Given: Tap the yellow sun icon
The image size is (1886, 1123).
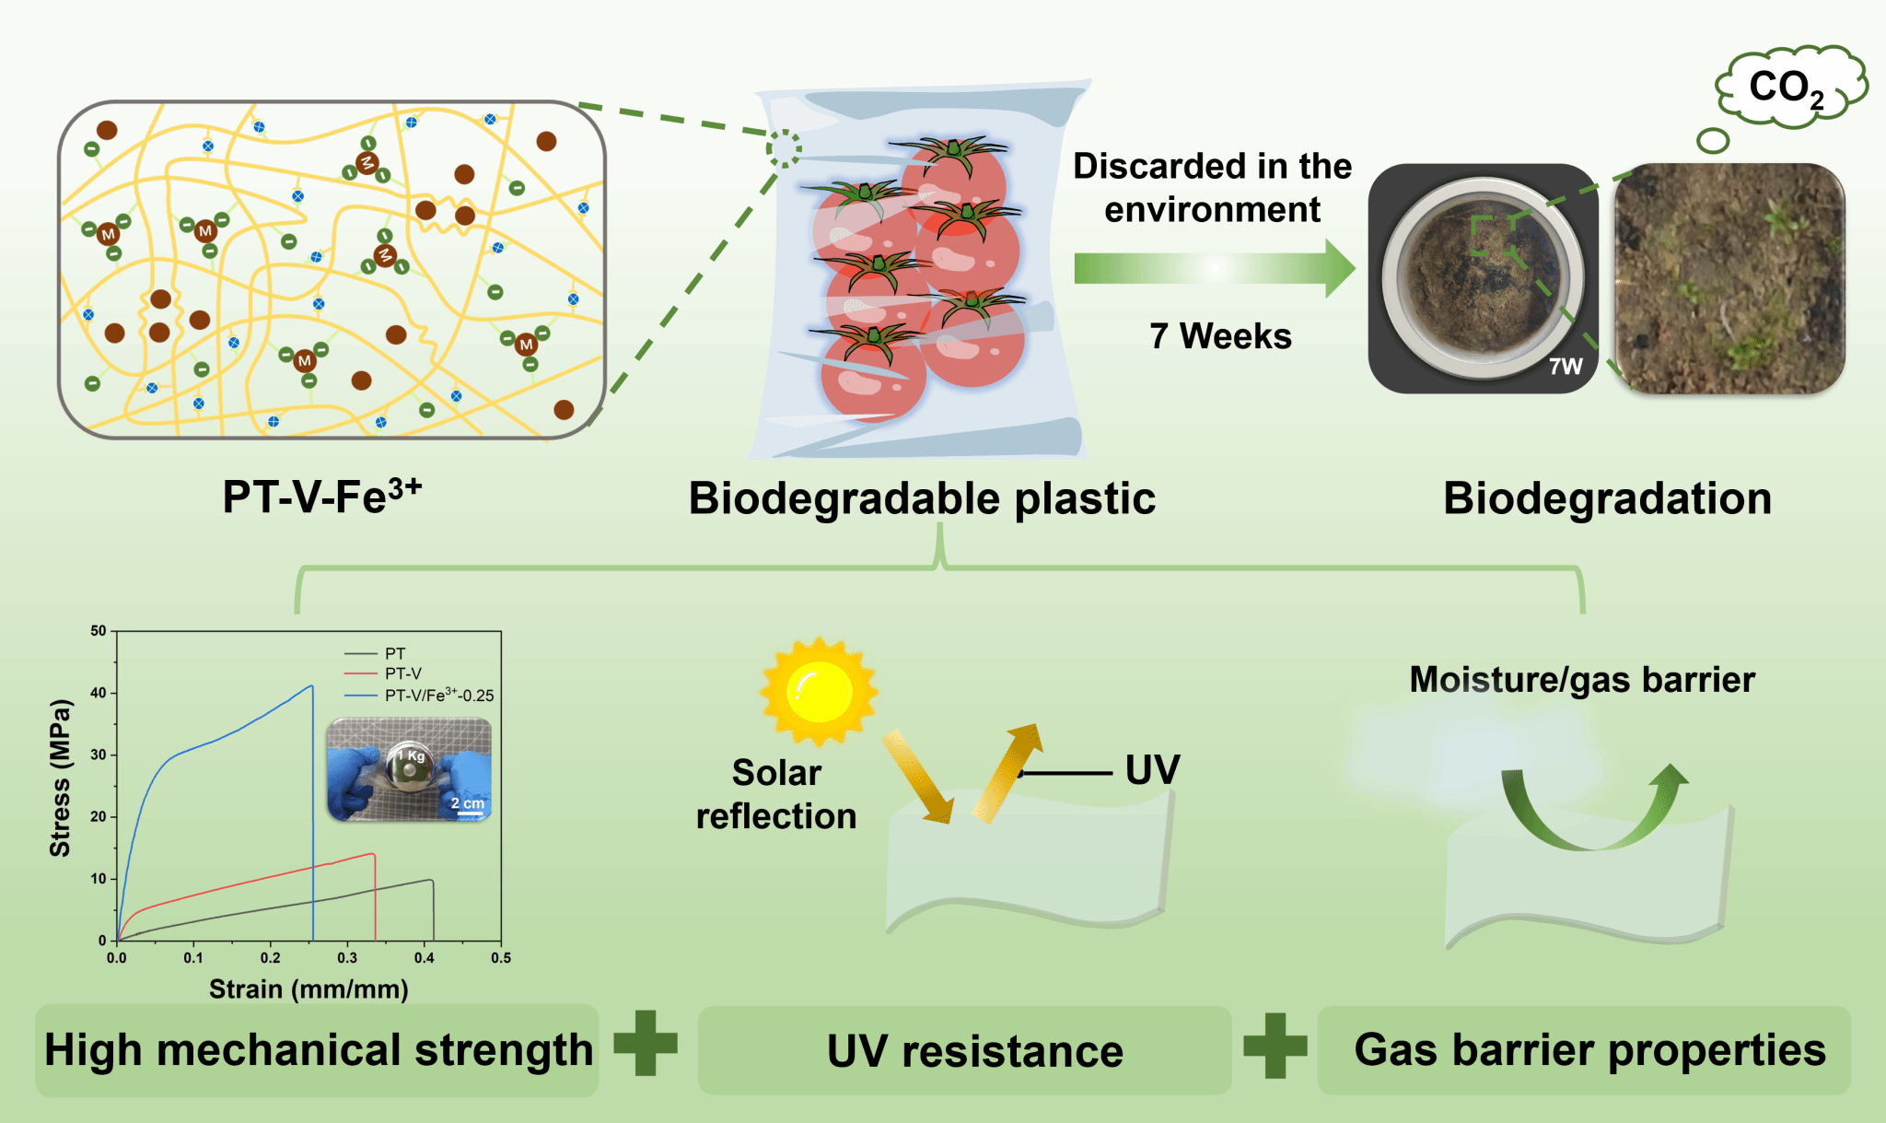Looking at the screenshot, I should pos(818,691).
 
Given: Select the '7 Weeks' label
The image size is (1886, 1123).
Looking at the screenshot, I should pos(1220,336).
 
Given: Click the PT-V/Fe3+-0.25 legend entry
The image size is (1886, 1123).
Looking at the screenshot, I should pos(438,696).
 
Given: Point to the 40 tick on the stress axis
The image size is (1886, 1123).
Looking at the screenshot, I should pos(99,693).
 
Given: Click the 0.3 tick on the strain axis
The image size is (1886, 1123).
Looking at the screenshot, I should pos(347,958).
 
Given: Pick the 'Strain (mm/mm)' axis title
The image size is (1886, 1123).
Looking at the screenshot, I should pos(309,989).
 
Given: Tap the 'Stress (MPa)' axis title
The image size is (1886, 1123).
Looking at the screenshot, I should pos(61,778).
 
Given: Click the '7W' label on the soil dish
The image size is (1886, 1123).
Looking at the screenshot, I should pos(1565,367).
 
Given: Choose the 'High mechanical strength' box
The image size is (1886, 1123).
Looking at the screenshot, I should pos(318,1050).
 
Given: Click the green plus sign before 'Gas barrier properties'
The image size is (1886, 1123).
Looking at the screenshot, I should pos(1275,1046).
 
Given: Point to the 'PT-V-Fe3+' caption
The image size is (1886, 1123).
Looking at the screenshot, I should pos(322,497).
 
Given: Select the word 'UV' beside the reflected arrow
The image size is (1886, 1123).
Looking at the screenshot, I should pos(1152,770).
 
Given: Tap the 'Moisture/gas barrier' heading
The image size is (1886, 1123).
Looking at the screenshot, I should pos(1581,680).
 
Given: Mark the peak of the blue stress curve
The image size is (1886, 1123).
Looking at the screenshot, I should pos(312,685).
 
